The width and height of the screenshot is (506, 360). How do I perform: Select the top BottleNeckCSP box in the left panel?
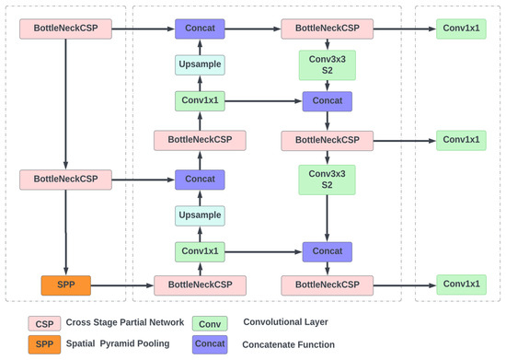click(64, 29)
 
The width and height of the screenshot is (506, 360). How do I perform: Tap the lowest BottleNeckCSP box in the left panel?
click(64, 178)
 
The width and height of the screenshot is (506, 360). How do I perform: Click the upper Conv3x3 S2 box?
click(328, 65)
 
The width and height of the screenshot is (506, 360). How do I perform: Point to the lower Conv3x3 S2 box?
click(328, 179)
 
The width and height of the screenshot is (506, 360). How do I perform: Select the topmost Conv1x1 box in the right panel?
click(460, 29)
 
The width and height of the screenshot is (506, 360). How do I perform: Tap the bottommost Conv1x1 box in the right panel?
click(460, 285)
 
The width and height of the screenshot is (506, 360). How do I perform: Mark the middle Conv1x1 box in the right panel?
click(460, 140)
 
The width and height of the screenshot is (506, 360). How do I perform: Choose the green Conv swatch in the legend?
click(211, 323)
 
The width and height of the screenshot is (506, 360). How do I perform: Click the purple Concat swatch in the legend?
click(211, 343)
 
